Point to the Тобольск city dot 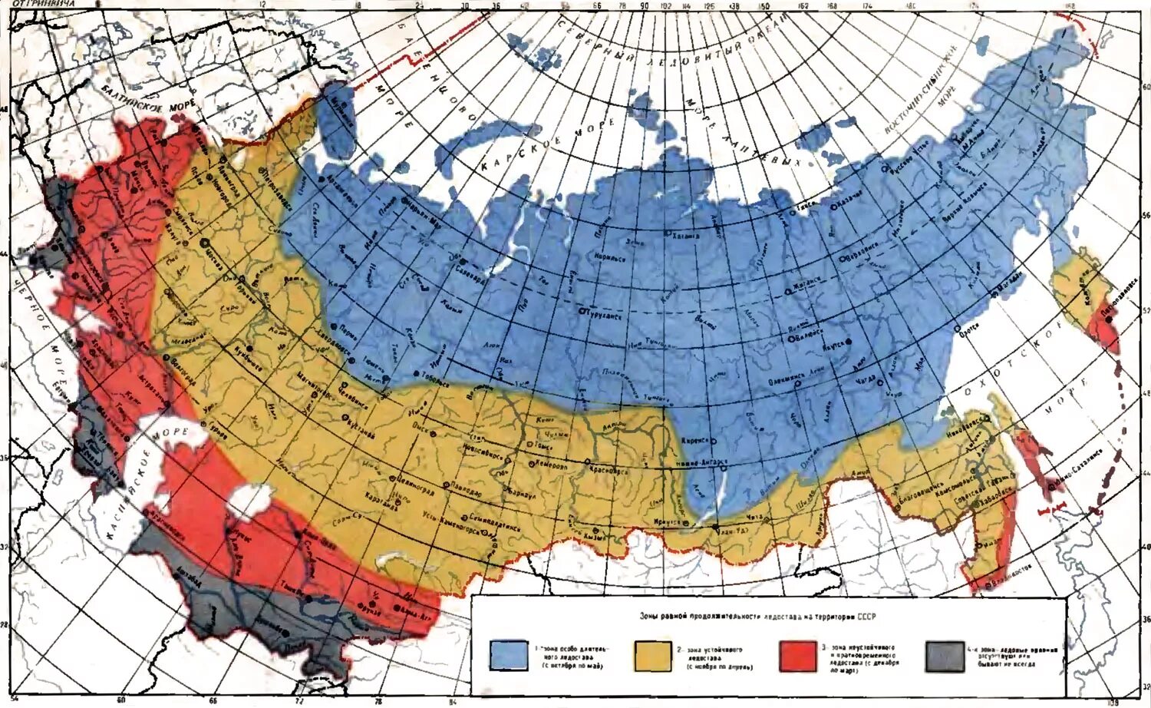pyautogui.click(x=416, y=374)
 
